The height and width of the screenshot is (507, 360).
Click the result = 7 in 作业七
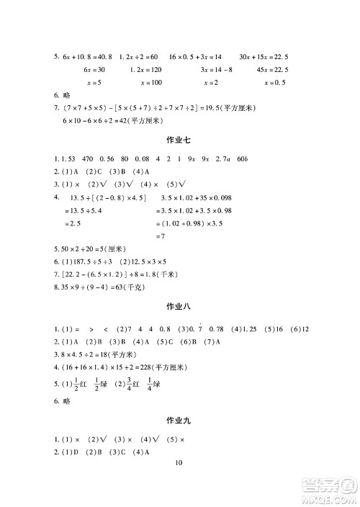tap(163, 236)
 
